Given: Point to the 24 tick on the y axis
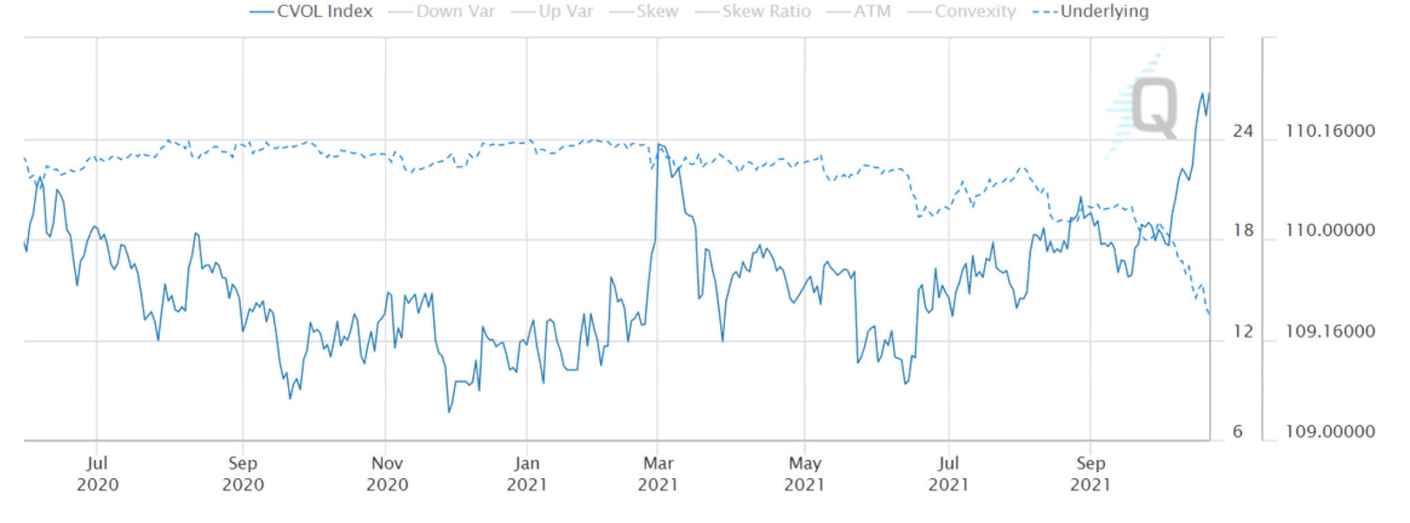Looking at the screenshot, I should [1243, 130].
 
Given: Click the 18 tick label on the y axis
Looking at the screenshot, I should [1243, 230].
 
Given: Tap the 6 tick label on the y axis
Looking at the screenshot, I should [1238, 431].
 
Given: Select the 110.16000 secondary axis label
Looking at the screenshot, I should [1329, 130].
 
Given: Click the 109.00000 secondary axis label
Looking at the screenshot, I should [1329, 431].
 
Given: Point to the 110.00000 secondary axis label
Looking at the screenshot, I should [1329, 230].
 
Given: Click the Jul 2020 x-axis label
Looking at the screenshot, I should [97, 473].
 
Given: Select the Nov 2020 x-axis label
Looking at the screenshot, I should [387, 473].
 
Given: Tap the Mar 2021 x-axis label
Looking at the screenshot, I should [658, 473].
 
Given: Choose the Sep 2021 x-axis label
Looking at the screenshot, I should [1090, 473].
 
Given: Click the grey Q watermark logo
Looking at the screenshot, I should [1154, 108].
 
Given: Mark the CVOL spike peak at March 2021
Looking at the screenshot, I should [659, 145].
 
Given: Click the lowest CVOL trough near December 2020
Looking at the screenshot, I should [449, 411].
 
